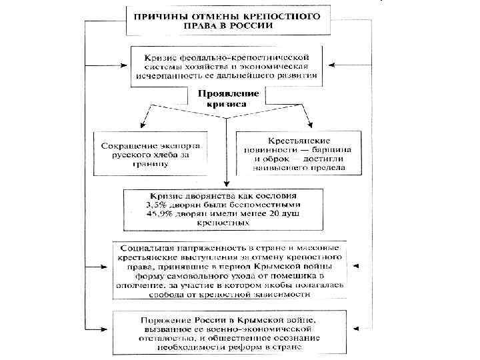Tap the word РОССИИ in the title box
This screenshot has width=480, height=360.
tap(250, 26)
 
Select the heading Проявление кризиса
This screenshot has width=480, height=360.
tap(227, 99)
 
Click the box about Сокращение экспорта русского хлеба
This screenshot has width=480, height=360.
tap(150, 155)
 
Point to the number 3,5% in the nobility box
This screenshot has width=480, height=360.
tap(156, 205)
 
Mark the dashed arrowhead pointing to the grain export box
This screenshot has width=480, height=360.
tap(143, 129)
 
